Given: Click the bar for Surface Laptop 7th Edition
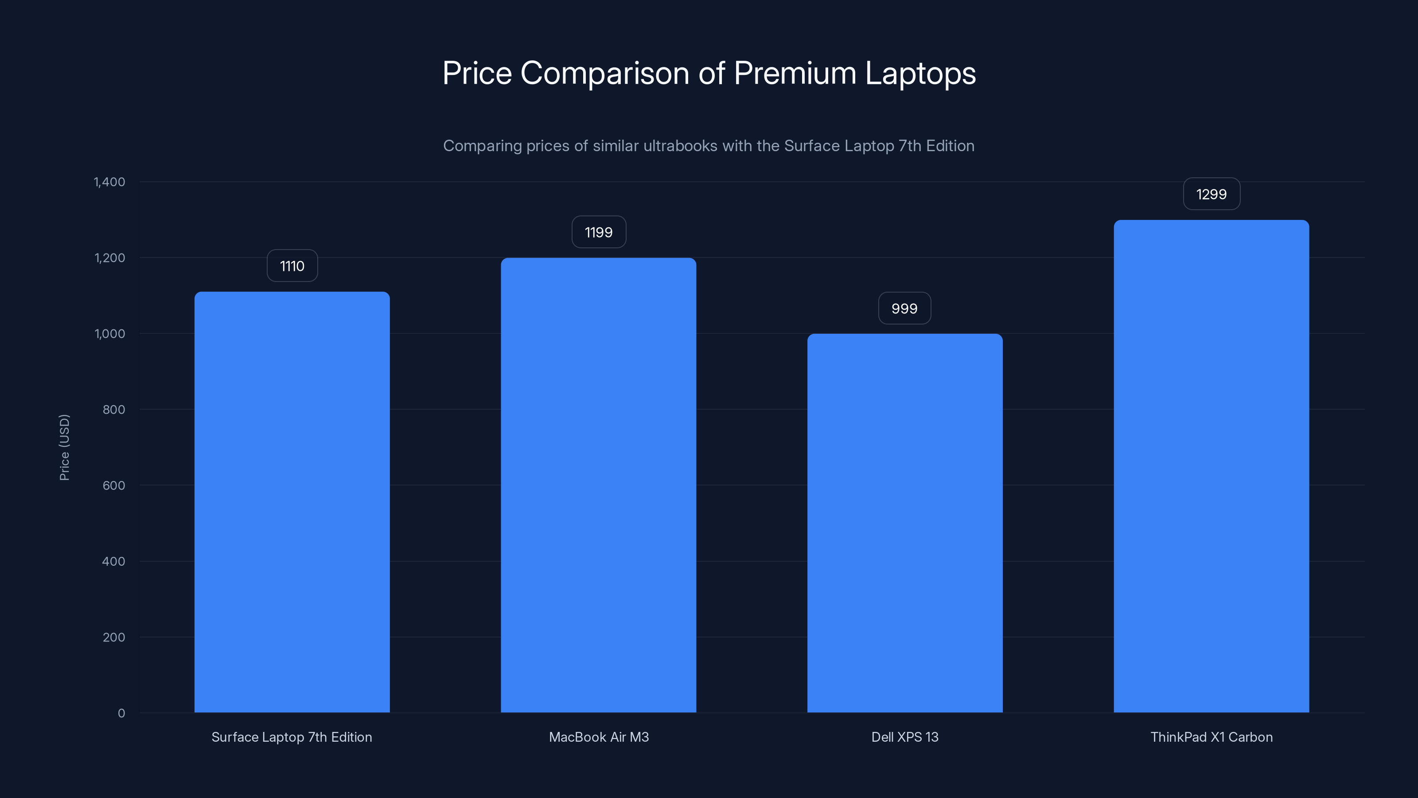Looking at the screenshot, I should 292,502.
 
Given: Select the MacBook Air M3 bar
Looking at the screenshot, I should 598,485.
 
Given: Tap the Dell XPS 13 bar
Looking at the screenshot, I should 904,523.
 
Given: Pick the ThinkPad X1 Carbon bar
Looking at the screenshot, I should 1211,466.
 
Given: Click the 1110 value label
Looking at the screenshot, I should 292,266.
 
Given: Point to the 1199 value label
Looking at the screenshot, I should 598,232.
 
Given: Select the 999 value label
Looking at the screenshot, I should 904,309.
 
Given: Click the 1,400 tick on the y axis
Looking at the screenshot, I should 109,182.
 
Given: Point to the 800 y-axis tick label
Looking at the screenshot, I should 114,409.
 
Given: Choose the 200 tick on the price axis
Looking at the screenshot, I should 114,637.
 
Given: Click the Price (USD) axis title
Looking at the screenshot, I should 64,447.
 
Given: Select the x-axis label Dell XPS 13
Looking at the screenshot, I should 904,737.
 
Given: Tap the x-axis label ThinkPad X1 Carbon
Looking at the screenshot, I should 1211,737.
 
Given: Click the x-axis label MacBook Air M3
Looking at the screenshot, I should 598,737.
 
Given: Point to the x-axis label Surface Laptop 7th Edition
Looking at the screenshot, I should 292,737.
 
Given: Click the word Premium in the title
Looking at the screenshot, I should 795,73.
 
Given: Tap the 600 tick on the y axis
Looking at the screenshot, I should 114,485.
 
